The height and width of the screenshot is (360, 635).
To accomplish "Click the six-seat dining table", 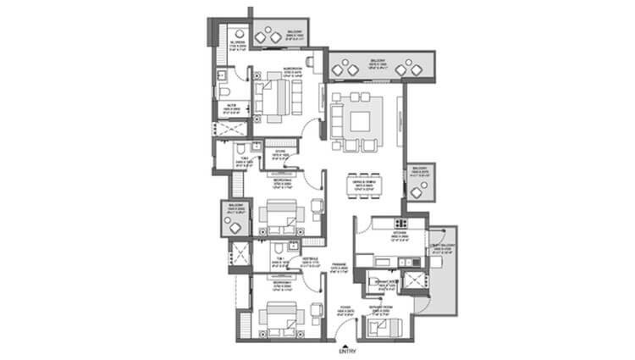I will click(366, 187).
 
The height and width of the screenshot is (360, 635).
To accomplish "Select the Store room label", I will click(279, 155).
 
